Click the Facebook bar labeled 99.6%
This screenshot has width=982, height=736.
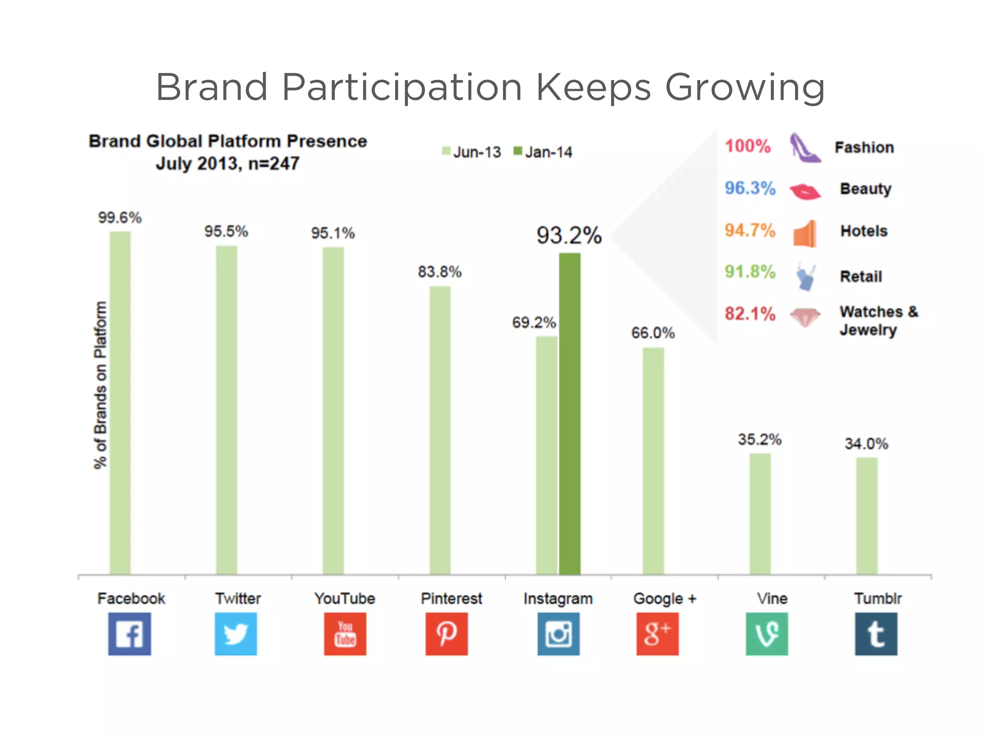120,402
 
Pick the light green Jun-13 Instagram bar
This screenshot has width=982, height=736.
547,455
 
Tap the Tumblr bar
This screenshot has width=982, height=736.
867,516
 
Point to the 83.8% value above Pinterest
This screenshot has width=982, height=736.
439,272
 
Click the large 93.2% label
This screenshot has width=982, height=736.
569,236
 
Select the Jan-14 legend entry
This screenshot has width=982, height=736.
543,152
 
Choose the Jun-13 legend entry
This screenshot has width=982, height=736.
471,152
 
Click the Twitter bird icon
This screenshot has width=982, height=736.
236,633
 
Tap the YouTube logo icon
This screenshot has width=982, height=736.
345,633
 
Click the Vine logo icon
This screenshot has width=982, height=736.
767,633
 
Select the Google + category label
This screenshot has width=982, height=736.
665,598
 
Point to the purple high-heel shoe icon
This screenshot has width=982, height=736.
804,148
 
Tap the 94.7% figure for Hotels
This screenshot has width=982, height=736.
750,230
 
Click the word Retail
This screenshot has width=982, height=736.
861,276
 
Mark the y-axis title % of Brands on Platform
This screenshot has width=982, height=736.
100,385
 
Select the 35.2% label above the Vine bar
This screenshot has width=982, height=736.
760,439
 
